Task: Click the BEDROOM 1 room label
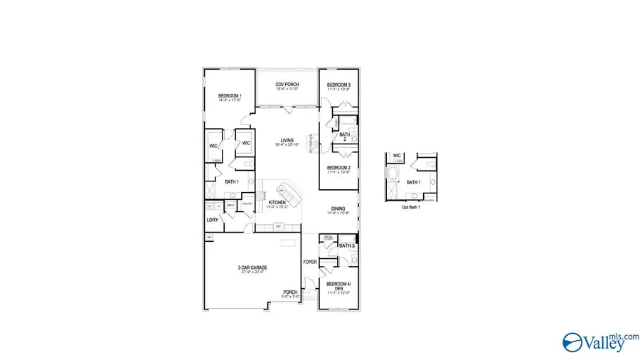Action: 230,96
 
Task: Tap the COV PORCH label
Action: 287,85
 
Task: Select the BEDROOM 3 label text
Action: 338,85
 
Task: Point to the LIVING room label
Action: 287,140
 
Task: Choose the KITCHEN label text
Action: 277,203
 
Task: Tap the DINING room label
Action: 337,208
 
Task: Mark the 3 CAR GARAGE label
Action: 251,268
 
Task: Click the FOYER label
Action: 309,262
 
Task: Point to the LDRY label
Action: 212,220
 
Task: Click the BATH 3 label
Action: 346,246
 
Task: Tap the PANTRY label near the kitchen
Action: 247,203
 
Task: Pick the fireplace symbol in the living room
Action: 310,142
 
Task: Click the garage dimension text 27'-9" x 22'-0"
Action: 251,272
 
